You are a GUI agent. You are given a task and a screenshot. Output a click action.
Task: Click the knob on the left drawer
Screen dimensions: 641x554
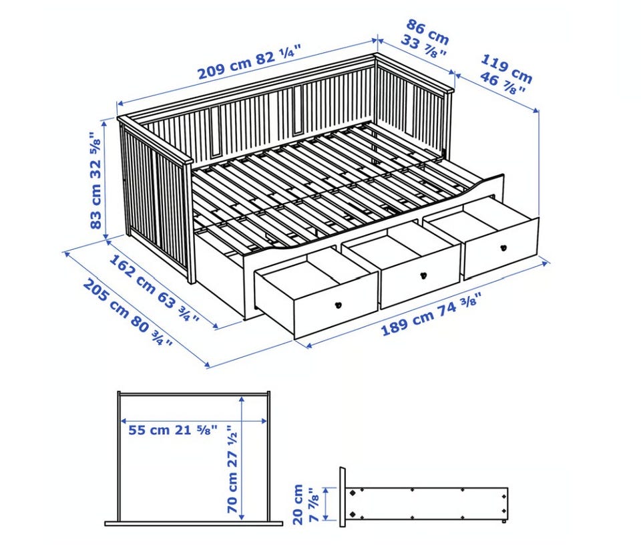click(x=338, y=305)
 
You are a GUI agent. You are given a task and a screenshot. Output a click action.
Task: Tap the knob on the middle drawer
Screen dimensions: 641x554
click(x=423, y=275)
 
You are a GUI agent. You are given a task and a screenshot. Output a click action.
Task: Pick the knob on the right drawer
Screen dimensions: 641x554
click(x=503, y=247)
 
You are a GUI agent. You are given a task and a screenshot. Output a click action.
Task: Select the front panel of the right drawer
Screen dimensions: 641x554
click(x=501, y=249)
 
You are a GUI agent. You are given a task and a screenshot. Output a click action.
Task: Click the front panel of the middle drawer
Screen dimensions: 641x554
click(x=421, y=277)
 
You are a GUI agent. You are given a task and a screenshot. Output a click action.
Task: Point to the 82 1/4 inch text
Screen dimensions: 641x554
click(x=278, y=55)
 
